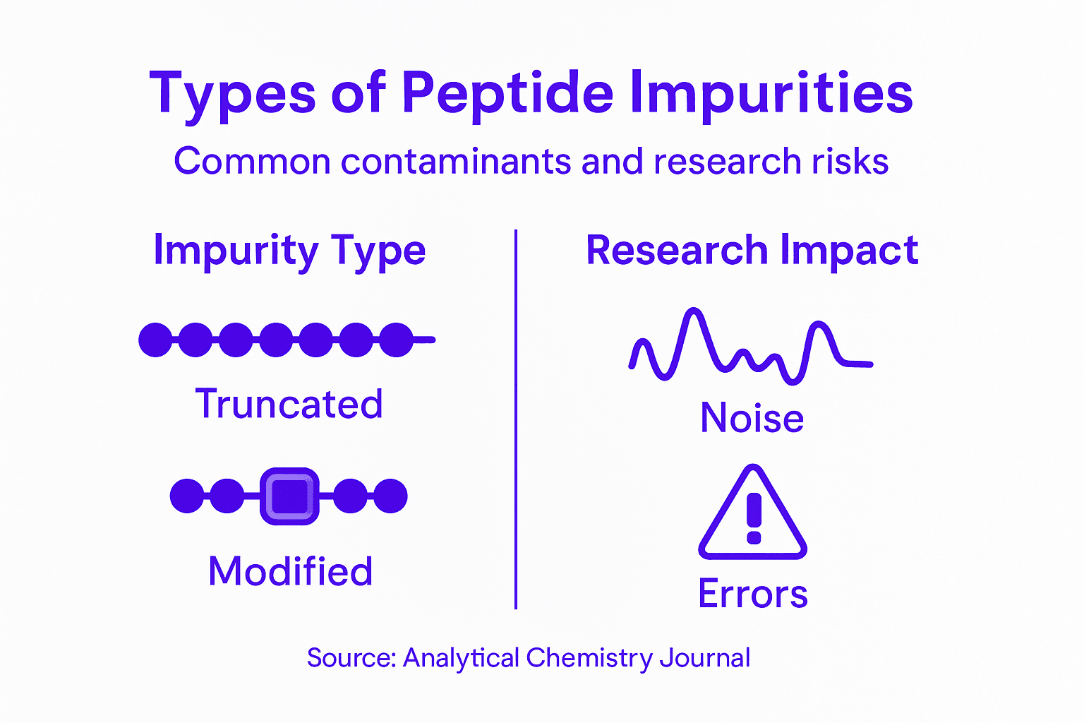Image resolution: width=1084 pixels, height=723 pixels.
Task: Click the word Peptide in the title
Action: tap(507, 93)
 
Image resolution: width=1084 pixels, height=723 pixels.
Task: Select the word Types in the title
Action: tap(232, 93)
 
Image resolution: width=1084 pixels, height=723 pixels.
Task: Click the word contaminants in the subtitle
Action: tap(457, 162)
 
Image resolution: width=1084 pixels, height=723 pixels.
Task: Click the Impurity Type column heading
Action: tap(289, 251)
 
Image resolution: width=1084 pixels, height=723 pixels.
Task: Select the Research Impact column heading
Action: tap(752, 251)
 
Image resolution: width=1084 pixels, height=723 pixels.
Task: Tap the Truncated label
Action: tap(289, 405)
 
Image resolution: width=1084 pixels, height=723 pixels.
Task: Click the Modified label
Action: tap(290, 571)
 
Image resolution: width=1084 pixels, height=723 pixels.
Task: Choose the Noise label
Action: tap(752, 417)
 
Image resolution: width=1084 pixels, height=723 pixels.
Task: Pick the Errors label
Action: tap(752, 594)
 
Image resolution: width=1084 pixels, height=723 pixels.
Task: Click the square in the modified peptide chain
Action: tap(290, 496)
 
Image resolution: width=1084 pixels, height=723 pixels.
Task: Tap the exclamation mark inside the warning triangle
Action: tap(754, 518)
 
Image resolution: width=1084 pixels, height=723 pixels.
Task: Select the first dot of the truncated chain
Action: tap(155, 340)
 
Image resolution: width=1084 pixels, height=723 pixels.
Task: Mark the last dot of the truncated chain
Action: tap(397, 340)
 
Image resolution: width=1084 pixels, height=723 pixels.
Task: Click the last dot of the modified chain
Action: tap(390, 496)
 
